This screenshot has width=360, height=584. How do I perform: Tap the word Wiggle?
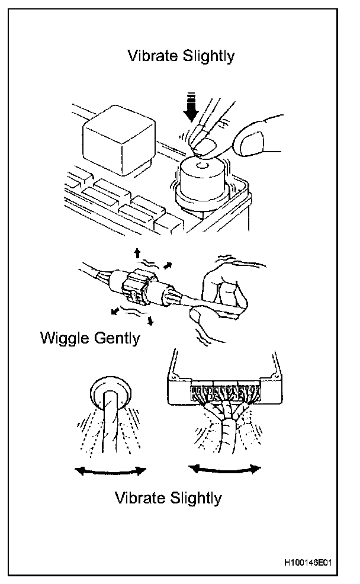65,338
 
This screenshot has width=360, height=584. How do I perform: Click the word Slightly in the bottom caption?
193,498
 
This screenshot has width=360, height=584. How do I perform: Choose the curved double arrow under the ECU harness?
224,468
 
